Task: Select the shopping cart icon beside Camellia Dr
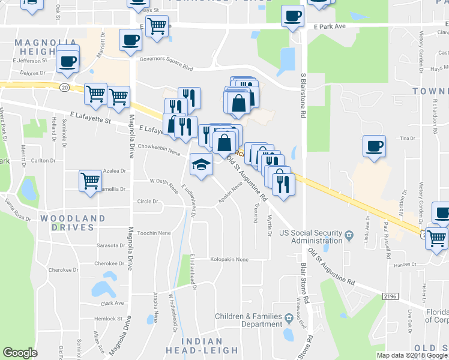click(x=90, y=179)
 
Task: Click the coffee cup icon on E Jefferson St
click(x=68, y=61)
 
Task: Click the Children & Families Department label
click(x=249, y=320)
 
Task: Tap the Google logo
click(x=20, y=352)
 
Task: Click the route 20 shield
click(x=64, y=87)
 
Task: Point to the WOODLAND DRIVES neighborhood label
click(x=73, y=223)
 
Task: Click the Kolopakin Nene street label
click(x=229, y=260)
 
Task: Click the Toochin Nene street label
click(x=154, y=233)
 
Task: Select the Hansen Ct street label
click(x=405, y=265)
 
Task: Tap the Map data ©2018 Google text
click(x=412, y=355)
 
